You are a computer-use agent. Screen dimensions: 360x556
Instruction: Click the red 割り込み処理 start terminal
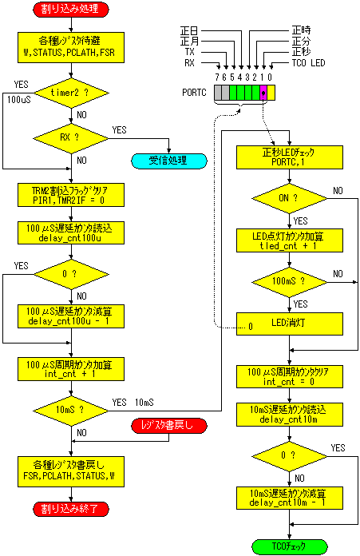[71, 10]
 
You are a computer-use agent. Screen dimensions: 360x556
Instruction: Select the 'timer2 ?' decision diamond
[71, 93]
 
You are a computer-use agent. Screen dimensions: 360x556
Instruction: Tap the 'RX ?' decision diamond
[71, 138]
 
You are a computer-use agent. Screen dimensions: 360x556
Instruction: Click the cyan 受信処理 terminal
[169, 161]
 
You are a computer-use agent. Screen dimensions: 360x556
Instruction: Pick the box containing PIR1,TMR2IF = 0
[71, 195]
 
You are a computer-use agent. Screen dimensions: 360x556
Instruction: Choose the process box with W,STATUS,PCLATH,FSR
[71, 47]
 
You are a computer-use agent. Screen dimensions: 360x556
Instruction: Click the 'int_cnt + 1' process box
[71, 369]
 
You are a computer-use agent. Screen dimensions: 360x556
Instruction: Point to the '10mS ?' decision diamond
[71, 411]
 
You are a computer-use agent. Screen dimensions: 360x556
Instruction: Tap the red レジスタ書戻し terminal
[169, 426]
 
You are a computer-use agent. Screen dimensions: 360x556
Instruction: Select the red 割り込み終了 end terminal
[71, 509]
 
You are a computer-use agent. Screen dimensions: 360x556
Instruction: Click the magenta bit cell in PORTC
[263, 93]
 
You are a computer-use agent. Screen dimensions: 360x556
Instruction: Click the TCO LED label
[308, 63]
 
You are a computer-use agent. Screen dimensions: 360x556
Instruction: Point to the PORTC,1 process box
[290, 157]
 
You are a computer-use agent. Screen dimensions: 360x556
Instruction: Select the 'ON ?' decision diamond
[290, 199]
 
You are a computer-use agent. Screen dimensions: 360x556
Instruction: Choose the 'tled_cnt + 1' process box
[290, 240]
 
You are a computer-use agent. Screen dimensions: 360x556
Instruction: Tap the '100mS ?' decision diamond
[290, 282]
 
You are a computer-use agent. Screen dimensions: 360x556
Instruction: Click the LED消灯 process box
[290, 324]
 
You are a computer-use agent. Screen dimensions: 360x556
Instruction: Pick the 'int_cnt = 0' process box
[290, 376]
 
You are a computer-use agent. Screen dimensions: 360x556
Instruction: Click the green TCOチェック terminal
[290, 546]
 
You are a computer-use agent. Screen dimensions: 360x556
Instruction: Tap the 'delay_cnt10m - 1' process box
[290, 498]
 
